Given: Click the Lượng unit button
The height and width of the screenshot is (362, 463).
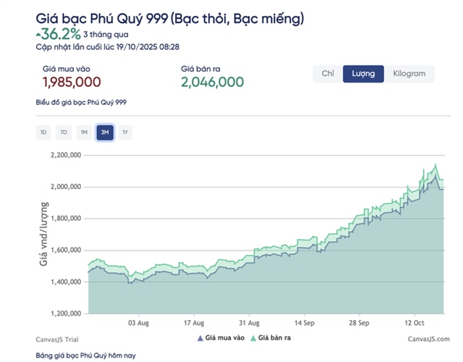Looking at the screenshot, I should coord(363,74).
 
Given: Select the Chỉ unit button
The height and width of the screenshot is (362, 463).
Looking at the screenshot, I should coord(328,74).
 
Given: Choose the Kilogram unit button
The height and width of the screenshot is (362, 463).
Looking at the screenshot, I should coord(409,74).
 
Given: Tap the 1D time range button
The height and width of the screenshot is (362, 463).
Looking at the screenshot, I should coord(43,132).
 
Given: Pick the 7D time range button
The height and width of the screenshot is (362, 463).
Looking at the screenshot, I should coord(64,132).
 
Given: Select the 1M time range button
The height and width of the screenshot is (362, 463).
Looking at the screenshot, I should coord(84,132).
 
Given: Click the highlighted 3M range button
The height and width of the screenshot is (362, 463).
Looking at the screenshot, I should coord(105,132).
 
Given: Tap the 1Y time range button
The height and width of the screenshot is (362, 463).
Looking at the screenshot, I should coord(125,132).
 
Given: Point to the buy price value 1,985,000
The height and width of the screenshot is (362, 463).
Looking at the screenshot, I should coord(70,83).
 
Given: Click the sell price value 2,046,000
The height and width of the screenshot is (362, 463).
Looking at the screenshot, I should coord(212,83).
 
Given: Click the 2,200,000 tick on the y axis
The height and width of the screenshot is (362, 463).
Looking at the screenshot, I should coord(67,155).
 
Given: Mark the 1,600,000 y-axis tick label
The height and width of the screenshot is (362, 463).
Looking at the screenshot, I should coord(67,251).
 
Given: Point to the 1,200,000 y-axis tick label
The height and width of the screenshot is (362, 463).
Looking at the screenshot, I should coord(67,314).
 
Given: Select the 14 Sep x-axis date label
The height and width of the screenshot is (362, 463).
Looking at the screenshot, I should coord(309,323).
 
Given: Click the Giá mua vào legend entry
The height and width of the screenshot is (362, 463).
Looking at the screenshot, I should coord(221,337).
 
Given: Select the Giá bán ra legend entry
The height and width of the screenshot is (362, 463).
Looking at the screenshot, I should coord(273,337).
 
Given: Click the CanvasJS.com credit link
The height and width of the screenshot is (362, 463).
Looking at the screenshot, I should coord(428,338).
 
